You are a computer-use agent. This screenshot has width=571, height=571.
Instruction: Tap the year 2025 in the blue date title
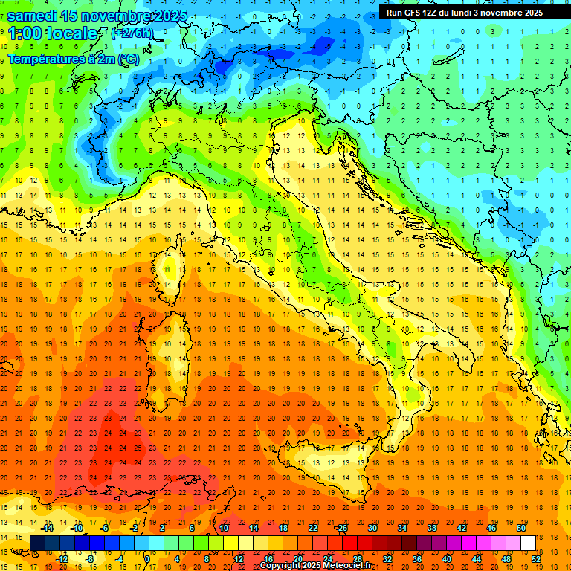169,16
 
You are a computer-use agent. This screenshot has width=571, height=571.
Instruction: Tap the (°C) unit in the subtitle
127,59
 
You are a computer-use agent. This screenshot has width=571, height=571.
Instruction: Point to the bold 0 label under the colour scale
147,559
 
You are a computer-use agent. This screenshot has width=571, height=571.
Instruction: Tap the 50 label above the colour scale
520,528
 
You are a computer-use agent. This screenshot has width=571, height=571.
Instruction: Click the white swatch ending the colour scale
528,543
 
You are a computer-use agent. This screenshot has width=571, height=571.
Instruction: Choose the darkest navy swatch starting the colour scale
37,543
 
